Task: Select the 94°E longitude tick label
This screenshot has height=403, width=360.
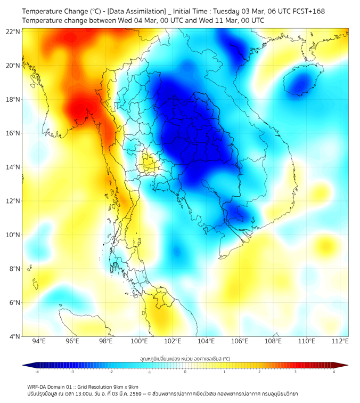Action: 39,342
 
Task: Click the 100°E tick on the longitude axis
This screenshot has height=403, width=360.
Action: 140,342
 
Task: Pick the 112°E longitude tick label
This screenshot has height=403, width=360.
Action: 340,342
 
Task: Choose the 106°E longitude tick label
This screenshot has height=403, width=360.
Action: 240,342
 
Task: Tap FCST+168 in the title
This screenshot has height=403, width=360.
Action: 308,11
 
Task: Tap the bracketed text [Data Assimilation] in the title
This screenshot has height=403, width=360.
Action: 133,11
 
